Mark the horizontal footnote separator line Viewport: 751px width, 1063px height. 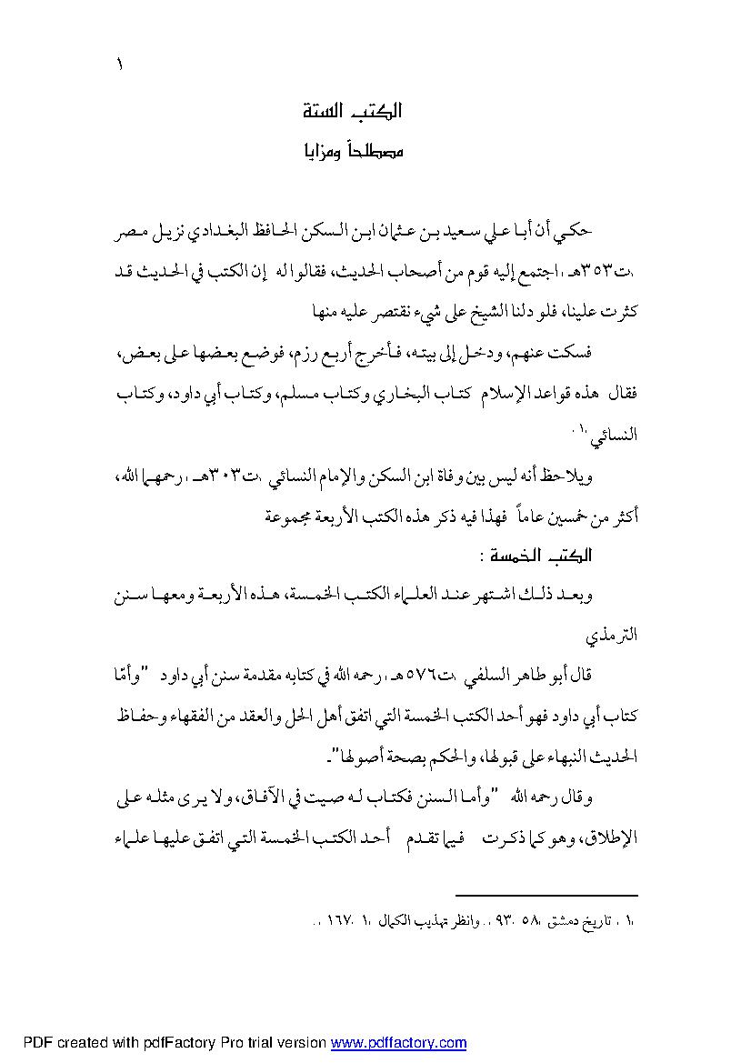(x=546, y=896)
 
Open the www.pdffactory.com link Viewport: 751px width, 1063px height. (x=398, y=1044)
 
